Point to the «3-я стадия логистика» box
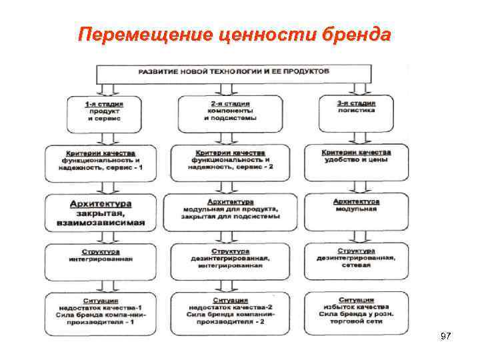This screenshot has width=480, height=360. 356,108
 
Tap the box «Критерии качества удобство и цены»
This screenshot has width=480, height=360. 356,157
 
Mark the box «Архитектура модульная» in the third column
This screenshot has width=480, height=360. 356,205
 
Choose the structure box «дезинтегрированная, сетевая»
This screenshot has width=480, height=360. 356,257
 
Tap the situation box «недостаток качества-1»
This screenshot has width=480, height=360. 102,311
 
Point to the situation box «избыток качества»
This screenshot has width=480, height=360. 356,311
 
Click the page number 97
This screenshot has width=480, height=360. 446,337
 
